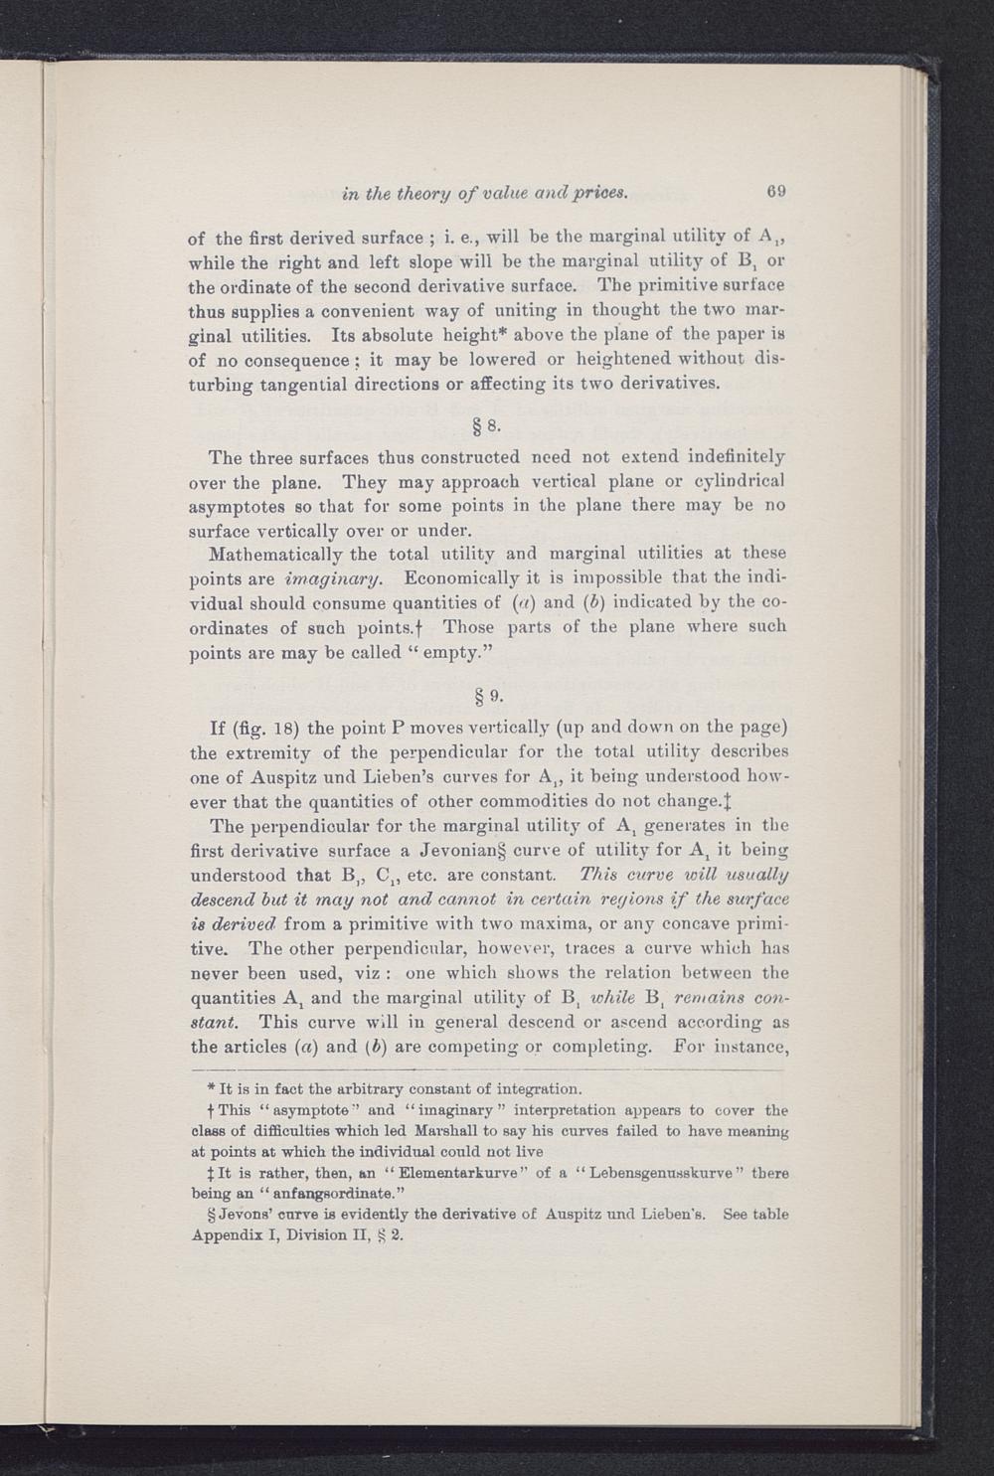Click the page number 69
pos(776,191)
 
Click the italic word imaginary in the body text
pos(327,577)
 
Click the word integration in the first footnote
pos(537,1088)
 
